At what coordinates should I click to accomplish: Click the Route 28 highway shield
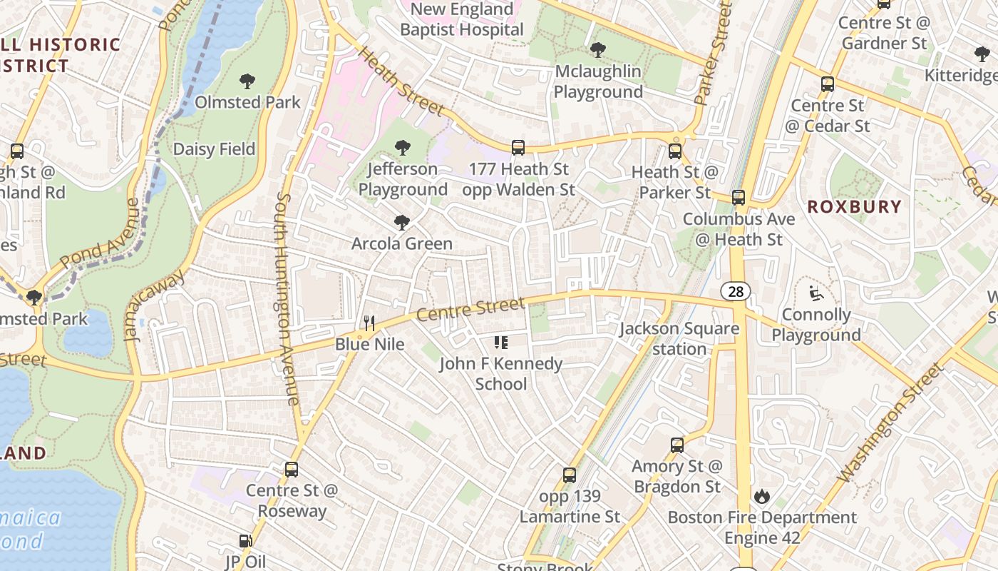tap(735, 291)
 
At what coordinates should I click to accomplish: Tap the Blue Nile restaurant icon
tap(369, 323)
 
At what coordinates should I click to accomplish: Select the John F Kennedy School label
tap(500, 373)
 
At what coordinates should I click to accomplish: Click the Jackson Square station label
tap(679, 339)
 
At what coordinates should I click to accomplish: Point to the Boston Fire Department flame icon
tap(762, 496)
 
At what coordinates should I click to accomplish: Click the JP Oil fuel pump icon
tap(245, 542)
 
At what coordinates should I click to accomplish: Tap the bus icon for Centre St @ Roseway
tap(291, 470)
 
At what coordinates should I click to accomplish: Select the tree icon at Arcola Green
tap(402, 223)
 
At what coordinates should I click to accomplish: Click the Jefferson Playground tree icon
tap(403, 148)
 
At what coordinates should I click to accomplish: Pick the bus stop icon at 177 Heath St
tap(518, 148)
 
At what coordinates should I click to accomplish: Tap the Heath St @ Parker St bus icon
tap(674, 151)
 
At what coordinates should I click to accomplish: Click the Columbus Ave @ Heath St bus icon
tap(739, 198)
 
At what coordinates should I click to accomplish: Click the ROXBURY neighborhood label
tap(854, 207)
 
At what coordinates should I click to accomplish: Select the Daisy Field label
tap(214, 149)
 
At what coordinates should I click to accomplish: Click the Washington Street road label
tap(889, 423)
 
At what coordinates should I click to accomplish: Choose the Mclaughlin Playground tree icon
tap(598, 50)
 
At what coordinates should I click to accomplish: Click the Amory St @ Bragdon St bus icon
tap(677, 445)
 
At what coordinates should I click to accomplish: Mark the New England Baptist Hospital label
tap(462, 20)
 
